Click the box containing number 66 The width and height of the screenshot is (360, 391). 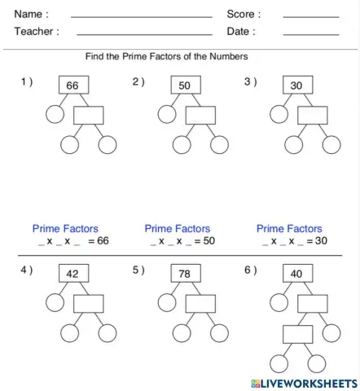72,86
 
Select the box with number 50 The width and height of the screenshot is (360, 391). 185,86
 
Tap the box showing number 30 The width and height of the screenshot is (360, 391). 296,86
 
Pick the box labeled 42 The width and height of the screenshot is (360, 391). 72,274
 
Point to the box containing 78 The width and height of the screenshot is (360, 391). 185,274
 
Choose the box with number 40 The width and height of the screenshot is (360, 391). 296,274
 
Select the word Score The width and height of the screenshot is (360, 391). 244,14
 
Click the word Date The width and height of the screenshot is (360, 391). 241,32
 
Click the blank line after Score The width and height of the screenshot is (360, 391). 310,16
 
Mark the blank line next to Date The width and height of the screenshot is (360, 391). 310,34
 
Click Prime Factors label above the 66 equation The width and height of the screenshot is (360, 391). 65,229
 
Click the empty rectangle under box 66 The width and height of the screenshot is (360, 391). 89,115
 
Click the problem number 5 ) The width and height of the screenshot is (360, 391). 138,270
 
